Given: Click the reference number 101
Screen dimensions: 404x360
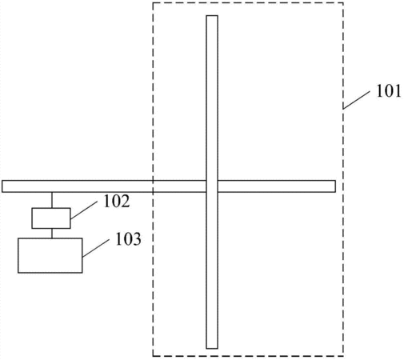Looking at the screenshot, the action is point(388,91).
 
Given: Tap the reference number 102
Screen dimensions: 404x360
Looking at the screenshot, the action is point(117,201).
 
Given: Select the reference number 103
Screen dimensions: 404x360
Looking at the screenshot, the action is point(128,239).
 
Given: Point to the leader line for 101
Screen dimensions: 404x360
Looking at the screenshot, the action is point(357,100).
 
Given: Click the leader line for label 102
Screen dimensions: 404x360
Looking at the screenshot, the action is point(84,210).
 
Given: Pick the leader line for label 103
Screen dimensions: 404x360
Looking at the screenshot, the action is point(96,248).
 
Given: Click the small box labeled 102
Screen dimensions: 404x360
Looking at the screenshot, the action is point(51,218).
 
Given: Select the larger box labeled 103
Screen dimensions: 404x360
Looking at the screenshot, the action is point(50,255).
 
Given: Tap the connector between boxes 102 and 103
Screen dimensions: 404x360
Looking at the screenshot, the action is point(52,234).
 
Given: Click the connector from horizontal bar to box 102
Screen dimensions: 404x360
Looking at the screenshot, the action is point(52,200).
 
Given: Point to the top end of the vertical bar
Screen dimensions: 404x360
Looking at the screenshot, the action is point(212,16).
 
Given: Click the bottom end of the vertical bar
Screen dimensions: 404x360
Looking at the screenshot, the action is point(212,348).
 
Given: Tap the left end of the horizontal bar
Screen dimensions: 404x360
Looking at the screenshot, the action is point(2,186).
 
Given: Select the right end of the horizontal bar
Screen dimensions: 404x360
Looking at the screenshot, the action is point(335,186).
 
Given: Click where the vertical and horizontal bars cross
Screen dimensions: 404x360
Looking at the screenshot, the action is point(212,186).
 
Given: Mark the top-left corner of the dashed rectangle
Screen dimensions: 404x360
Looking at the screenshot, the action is point(153,3).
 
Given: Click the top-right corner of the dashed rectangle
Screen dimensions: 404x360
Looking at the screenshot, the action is point(343,3).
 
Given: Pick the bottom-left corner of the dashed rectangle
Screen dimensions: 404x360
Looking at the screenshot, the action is point(153,356).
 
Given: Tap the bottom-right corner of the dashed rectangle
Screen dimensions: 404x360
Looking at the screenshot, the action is point(343,356).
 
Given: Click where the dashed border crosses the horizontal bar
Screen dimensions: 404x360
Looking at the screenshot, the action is point(153,186).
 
